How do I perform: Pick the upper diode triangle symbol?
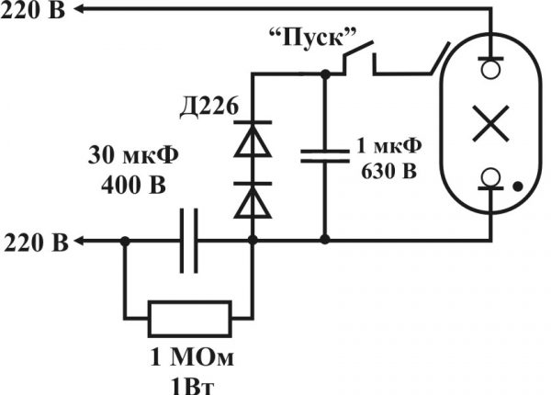click(253, 142)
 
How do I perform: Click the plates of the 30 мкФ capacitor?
click(189, 241)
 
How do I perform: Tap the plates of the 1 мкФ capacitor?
click(323, 152)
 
